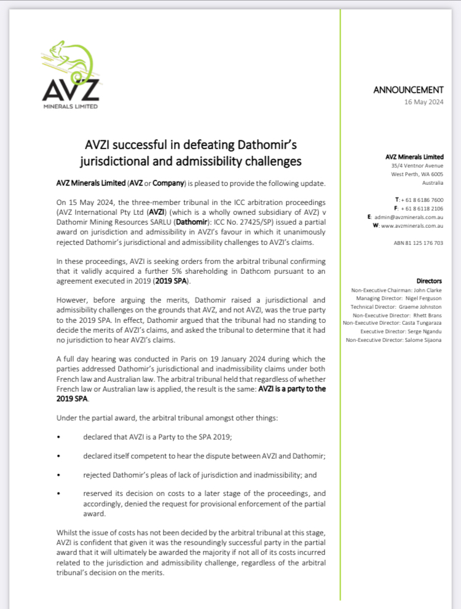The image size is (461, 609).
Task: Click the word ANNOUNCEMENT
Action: pyautogui.click(x=408, y=90)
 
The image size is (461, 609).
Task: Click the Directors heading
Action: pyautogui.click(x=429, y=280)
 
